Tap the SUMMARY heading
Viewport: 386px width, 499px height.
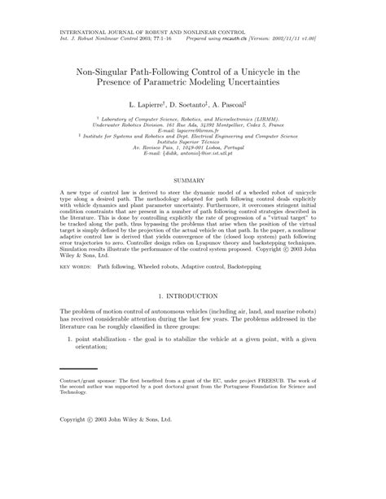coord(192,178)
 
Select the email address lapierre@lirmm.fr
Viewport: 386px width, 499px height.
coord(193,130)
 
